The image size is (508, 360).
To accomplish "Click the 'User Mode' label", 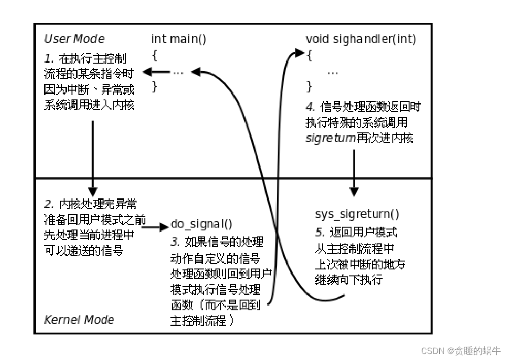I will pos(74,39).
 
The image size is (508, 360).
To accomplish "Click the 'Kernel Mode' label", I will pos(79,320).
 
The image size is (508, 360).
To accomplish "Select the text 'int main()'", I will pos(179,39).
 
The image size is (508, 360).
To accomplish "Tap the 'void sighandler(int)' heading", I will pos(361,39).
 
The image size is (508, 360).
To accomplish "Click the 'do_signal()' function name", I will pos(202,224).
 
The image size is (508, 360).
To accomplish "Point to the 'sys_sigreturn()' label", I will pos(357,214).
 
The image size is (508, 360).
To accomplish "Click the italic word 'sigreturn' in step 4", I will pos(331,138).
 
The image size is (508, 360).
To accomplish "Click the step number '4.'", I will pos(310,107).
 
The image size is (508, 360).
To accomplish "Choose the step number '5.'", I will pos(320,232).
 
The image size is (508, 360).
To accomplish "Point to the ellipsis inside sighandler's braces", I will pos(332,72).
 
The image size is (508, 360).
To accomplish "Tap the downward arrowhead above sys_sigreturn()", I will pos(354,191).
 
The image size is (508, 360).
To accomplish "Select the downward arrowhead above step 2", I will pos(93,190).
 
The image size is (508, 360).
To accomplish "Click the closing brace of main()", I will pos(155,86).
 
